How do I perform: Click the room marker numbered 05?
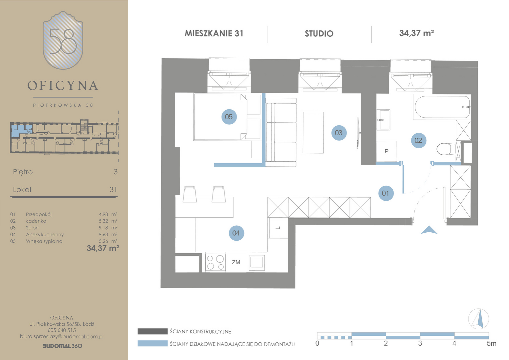229,117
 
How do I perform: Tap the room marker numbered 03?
339,133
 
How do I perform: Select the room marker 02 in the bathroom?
418,140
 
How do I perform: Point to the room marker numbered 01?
386,193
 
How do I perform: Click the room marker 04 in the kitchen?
236,233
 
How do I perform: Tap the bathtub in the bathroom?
442,107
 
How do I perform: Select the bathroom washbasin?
383,120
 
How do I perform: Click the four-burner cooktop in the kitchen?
216,262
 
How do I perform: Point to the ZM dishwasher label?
236,262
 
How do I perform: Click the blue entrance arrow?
429,230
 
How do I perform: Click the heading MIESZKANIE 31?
214,33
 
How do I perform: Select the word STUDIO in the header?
319,34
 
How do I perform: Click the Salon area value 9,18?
103,228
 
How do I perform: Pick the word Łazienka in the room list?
36,221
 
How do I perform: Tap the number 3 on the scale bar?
420,343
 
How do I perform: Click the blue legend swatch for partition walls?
153,343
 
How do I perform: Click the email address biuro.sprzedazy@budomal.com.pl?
62,336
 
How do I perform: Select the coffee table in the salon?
313,132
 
